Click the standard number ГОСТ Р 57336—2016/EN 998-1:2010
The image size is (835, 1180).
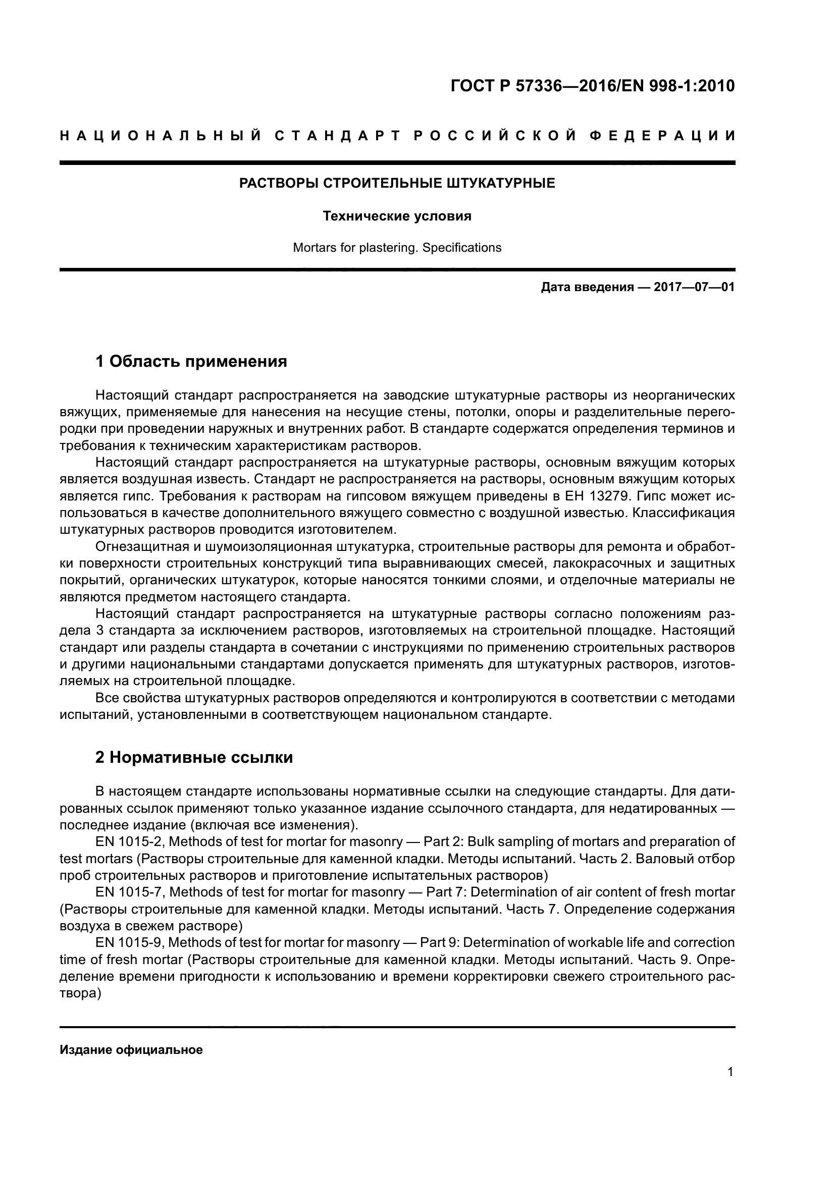[x=592, y=86]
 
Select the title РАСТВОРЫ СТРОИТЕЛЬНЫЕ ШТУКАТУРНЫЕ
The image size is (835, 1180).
[x=397, y=184]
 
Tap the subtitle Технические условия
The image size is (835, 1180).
[x=397, y=216]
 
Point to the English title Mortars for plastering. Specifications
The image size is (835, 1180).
[x=397, y=248]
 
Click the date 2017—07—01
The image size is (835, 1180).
[x=694, y=287]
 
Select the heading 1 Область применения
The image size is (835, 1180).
[x=191, y=361]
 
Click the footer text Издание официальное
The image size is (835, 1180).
[x=131, y=1050]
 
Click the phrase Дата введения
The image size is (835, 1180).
[x=587, y=287]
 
